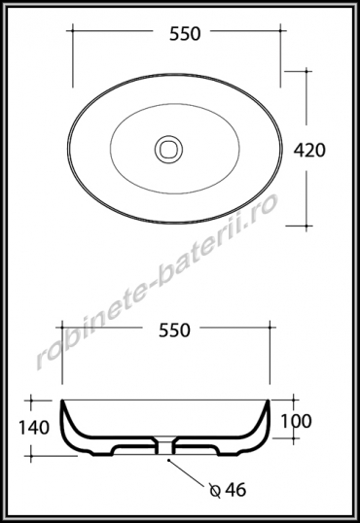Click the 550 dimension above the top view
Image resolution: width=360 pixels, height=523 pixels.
pos(185,34)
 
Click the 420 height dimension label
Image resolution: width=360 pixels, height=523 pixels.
pos(309,151)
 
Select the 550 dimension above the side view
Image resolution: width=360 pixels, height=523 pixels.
pos(174,331)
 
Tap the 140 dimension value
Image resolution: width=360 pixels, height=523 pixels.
pos(34,428)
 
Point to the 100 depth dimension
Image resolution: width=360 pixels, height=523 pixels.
pos(296,421)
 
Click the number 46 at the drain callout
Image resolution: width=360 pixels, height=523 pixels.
pos(235,490)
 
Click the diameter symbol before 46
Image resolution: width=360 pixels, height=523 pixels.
pos(215,491)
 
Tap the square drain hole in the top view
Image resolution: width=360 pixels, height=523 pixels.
pos(168,149)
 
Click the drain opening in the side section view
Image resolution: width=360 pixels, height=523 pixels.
pos(165,446)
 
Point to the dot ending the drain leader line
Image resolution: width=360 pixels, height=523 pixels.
pos(169,461)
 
